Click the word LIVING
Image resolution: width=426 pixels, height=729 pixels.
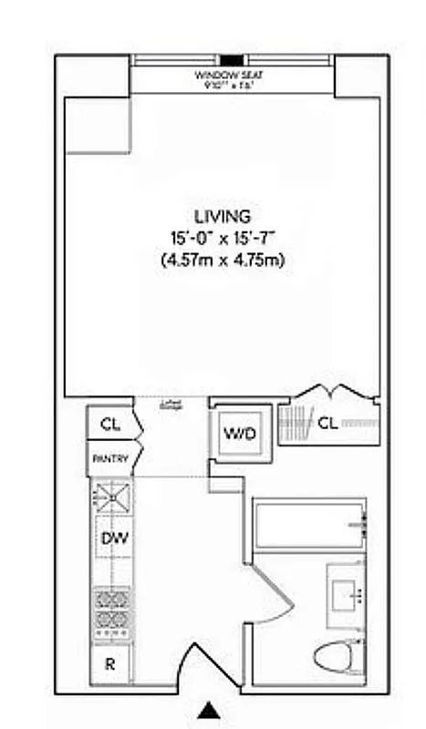point(223,217)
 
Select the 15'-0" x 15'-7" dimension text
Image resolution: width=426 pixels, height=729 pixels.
point(223,239)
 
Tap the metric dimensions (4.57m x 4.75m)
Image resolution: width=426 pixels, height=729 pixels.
point(223,262)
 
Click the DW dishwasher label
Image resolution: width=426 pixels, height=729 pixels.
point(112,539)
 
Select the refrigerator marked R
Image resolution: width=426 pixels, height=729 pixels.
point(110,663)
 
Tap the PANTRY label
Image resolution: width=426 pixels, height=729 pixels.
point(111,459)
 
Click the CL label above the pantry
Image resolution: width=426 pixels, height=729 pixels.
point(110,425)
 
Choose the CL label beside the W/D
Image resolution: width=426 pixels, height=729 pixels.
point(327,422)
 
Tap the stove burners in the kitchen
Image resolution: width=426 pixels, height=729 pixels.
point(111,612)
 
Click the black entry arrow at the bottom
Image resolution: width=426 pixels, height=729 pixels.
point(210,711)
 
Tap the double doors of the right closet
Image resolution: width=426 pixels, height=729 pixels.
point(330,392)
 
